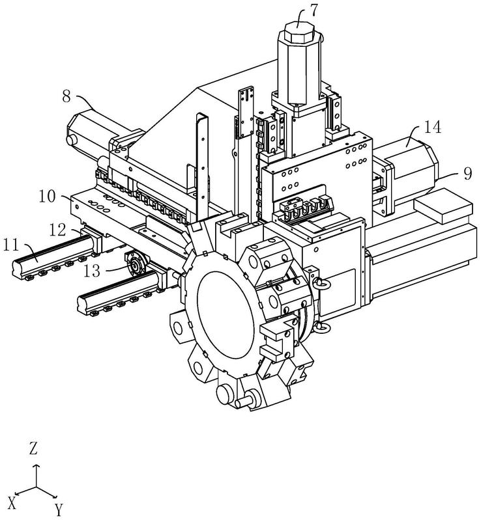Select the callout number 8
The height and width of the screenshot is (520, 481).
(x=66, y=96)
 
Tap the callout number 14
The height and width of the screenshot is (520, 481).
(x=432, y=127)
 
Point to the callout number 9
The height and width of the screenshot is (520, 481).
(x=467, y=174)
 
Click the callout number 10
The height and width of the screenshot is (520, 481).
(x=48, y=197)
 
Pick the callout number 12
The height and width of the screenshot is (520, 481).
(x=58, y=230)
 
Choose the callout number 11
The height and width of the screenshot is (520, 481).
(x=11, y=246)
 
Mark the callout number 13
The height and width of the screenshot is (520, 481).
(x=92, y=271)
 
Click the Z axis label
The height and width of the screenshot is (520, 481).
(x=33, y=448)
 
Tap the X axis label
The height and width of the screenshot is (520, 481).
(x=12, y=504)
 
